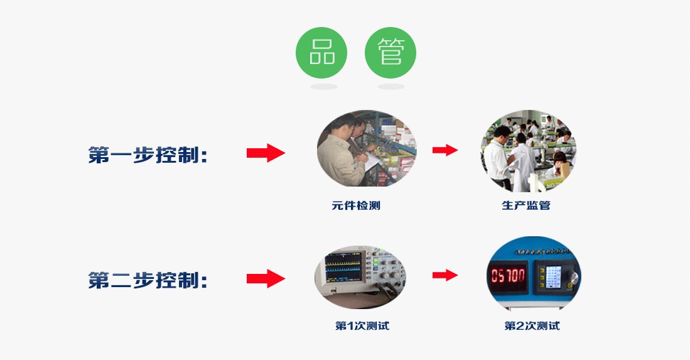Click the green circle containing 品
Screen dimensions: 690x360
(321, 53)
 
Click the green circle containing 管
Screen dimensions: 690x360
(391, 53)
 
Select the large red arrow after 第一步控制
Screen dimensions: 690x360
(266, 153)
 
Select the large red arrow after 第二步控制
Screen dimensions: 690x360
(266, 278)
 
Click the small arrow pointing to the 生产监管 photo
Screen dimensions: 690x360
(445, 150)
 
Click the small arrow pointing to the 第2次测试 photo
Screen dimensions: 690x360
(445, 276)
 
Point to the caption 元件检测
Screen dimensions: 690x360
(355, 205)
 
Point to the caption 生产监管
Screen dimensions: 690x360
(526, 205)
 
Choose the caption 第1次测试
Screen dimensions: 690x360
(362, 325)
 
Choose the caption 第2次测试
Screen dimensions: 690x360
(532, 325)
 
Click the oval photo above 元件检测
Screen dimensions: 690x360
(367, 148)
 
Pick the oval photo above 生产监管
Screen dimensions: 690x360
(529, 151)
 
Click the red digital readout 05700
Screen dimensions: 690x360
(509, 276)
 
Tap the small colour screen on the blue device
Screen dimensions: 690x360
(553, 277)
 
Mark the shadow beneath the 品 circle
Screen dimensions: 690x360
(324, 87)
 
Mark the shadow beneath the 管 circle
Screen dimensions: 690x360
(391, 87)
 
